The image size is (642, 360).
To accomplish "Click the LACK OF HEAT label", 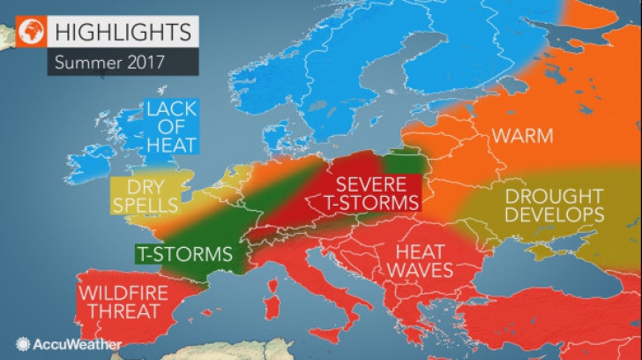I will click(x=171, y=126).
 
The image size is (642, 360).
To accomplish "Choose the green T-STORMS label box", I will click(x=184, y=254).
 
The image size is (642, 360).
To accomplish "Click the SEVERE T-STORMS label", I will click(x=370, y=194).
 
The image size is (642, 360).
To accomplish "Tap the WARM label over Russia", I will click(x=522, y=137).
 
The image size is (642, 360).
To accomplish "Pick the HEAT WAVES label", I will click(x=413, y=260).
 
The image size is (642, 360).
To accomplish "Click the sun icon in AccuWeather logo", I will click(x=22, y=344).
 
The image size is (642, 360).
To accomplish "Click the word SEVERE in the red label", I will click(x=370, y=184).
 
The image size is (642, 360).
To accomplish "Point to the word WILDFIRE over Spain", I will click(x=119, y=292).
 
